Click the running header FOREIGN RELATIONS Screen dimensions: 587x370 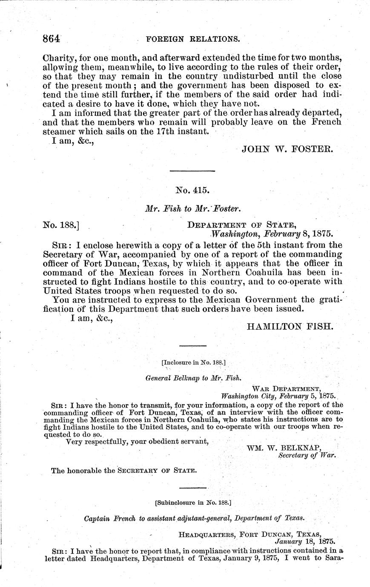point(192,39)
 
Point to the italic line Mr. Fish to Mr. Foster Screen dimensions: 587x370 point(193,208)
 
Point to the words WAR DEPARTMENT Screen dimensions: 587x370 point(286,388)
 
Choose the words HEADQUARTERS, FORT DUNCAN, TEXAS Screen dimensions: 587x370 point(249,534)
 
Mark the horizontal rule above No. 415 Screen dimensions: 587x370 point(192,171)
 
